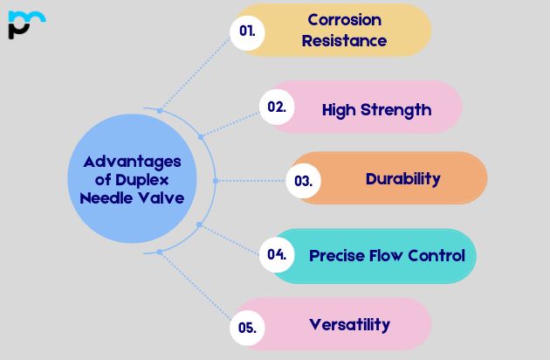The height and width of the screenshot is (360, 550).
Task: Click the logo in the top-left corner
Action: click(x=25, y=24)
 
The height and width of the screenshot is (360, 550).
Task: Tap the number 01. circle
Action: click(x=247, y=31)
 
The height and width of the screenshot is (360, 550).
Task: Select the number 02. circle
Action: click(x=277, y=107)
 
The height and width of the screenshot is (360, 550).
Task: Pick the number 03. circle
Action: click(x=304, y=181)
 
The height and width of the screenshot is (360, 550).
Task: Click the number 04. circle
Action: click(x=277, y=255)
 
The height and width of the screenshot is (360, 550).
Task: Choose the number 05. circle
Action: click(x=247, y=328)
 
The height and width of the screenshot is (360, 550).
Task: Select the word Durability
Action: click(x=402, y=179)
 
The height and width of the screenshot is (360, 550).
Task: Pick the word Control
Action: click(x=435, y=256)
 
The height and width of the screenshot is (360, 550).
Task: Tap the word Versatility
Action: click(x=349, y=324)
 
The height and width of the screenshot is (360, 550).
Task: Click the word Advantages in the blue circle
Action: click(x=132, y=162)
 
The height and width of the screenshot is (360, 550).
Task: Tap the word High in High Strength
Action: click(x=339, y=109)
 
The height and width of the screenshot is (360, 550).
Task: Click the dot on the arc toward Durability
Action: click(x=215, y=181)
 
